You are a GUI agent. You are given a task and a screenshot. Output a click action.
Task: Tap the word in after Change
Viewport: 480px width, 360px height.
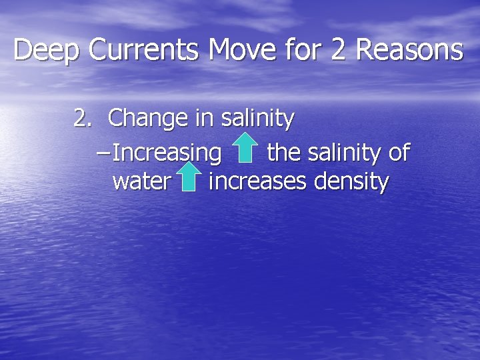tap(203, 118)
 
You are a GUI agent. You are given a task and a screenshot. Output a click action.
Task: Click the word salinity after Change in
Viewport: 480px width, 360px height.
tap(257, 119)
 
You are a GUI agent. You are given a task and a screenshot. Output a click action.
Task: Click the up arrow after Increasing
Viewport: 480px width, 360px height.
tap(245, 149)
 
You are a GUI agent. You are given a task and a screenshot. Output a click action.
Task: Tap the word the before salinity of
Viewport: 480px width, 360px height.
tap(283, 153)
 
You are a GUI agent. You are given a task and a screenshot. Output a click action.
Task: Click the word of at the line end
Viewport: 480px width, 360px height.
tap(399, 153)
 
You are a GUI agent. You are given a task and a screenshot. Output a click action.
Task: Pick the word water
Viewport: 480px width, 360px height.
tap(142, 181)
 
